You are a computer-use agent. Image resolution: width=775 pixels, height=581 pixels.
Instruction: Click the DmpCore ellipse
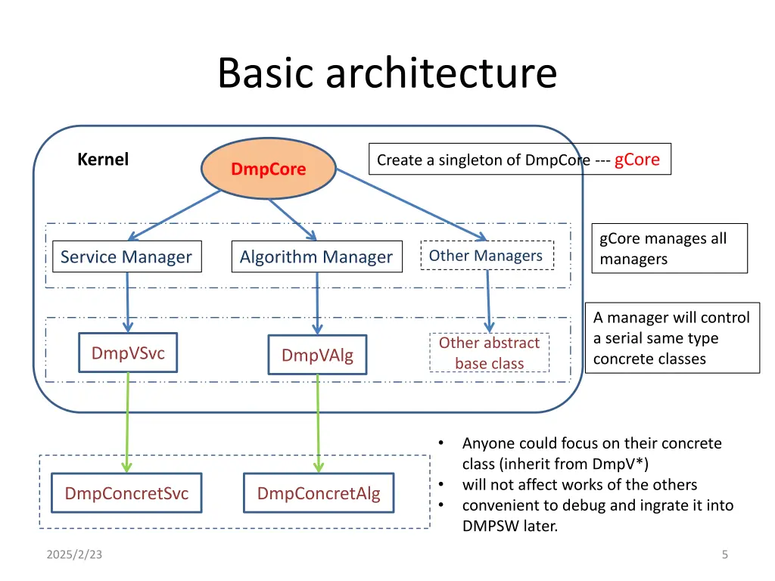[x=268, y=169]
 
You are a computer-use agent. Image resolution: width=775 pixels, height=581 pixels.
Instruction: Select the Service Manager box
[x=126, y=257]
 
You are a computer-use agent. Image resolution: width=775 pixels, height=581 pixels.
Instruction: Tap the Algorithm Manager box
[x=316, y=257]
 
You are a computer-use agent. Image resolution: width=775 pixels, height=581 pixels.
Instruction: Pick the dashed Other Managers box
[x=486, y=256]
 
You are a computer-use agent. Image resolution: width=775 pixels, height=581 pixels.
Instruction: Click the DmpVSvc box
[x=128, y=353]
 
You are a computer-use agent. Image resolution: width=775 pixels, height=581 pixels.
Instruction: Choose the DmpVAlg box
[x=317, y=356]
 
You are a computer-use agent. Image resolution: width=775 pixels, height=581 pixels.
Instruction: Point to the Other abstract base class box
[x=489, y=353]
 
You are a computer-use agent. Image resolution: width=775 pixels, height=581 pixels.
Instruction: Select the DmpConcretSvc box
[x=126, y=494]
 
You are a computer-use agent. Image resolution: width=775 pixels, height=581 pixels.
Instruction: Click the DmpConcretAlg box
[x=319, y=494]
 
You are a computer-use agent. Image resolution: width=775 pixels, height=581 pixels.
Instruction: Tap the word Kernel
[x=103, y=160]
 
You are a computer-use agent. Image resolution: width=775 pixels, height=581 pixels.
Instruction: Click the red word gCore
[x=636, y=160]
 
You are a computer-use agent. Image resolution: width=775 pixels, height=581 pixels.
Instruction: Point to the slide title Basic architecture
[x=387, y=73]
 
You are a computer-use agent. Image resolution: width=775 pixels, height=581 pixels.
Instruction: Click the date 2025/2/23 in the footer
[x=74, y=555]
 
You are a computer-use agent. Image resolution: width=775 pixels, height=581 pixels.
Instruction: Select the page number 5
[x=724, y=555]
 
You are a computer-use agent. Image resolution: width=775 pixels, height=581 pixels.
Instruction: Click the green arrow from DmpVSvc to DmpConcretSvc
[x=127, y=424]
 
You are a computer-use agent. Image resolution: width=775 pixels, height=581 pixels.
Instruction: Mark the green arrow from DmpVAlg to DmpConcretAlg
[x=318, y=424]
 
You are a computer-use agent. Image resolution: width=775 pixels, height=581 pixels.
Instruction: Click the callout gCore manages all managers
[x=668, y=249]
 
